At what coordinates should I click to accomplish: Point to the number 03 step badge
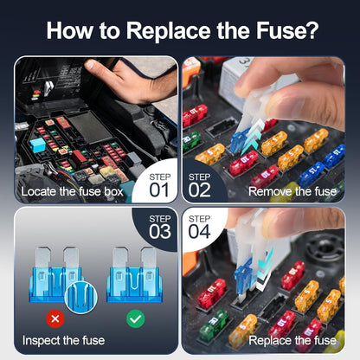pyautogui.click(x=161, y=228)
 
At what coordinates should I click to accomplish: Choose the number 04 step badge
pyautogui.click(x=199, y=228)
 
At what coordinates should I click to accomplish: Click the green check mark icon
pyautogui.click(x=135, y=319)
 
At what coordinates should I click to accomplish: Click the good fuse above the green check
pyautogui.click(x=133, y=275)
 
